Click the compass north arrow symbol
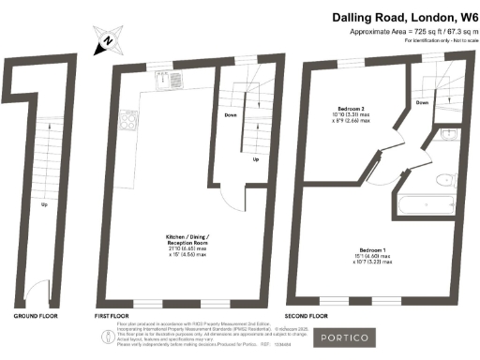click(107, 41)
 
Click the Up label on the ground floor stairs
click(43, 203)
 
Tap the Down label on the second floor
click(422, 103)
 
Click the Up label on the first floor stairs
click(256, 159)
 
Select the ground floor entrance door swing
click(33, 291)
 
